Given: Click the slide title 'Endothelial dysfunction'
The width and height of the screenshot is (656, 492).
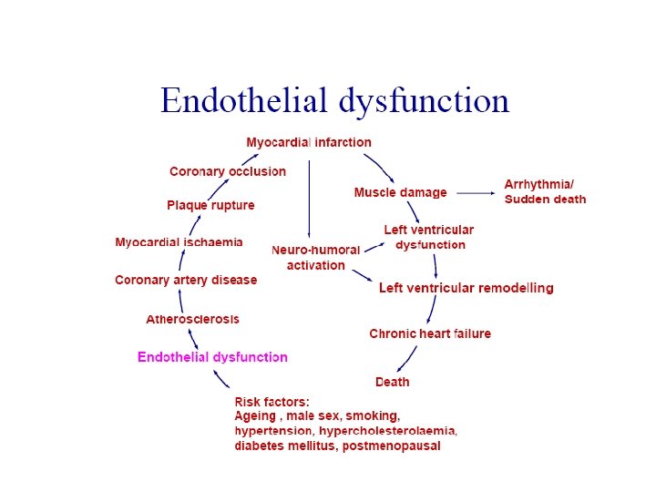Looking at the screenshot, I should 334,100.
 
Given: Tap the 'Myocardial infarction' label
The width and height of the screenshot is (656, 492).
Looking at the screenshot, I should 309,142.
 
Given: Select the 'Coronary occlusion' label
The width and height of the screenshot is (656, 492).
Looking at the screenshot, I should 228,171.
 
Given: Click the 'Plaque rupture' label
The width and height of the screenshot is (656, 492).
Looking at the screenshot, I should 210,205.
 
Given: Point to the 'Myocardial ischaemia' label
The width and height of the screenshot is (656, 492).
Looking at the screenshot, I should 179,241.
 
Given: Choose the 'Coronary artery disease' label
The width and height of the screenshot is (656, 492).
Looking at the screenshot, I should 186,280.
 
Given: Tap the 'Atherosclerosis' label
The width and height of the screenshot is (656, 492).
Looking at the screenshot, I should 193,319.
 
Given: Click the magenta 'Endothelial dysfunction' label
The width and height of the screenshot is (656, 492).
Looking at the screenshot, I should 212,357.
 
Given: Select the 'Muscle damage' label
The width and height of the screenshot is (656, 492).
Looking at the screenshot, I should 400,192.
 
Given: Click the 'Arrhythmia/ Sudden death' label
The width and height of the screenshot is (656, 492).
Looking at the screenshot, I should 545,192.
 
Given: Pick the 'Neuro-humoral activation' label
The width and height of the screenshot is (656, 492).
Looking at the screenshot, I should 316,257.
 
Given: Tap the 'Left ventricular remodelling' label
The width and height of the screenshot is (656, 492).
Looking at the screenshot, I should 466,288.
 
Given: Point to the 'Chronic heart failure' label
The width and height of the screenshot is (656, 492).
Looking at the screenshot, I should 430,333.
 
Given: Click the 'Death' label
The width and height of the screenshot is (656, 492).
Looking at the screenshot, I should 393,382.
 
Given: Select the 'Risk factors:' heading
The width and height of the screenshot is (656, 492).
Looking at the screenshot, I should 272,402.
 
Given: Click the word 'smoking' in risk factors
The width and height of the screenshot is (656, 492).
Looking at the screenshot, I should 374,415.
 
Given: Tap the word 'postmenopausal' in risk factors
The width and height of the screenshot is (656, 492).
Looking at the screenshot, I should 391,446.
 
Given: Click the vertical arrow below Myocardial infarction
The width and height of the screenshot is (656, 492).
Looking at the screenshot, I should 309,196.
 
